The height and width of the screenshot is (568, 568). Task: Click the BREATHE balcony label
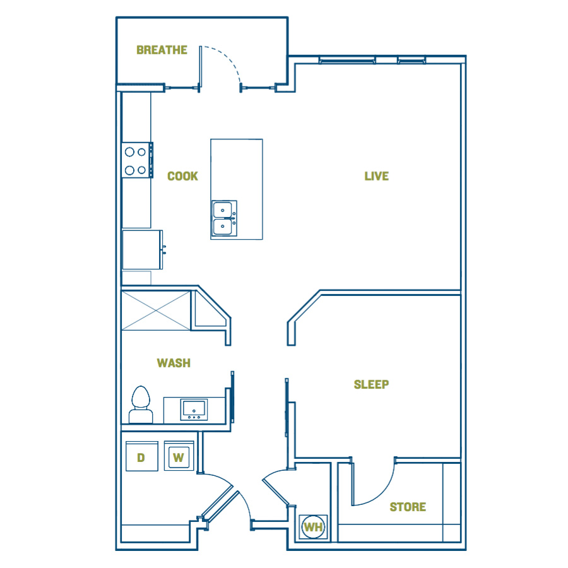tap(162, 50)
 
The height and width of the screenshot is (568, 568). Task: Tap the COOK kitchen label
tap(182, 176)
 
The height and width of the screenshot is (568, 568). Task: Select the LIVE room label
tap(376, 176)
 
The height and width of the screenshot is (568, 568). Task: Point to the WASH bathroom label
tap(174, 363)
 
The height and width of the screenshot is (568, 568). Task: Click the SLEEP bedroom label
tap(371, 384)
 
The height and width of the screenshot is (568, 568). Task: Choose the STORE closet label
tap(408, 507)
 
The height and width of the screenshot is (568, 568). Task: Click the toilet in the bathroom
tap(141, 405)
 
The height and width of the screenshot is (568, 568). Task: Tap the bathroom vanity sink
tap(194, 410)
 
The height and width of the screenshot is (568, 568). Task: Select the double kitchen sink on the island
tap(224, 218)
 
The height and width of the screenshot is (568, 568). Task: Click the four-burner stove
tap(137, 160)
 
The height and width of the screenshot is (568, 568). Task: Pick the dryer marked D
tap(141, 456)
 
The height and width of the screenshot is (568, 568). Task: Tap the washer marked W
tap(179, 456)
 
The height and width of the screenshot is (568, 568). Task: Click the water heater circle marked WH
tap(313, 527)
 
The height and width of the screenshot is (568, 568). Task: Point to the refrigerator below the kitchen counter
tap(143, 250)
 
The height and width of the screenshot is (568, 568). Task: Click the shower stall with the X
tap(156, 311)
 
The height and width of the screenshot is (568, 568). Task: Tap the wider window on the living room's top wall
tap(347, 60)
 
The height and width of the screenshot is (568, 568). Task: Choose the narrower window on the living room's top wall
tap(411, 60)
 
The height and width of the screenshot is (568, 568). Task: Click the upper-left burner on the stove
tap(129, 151)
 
